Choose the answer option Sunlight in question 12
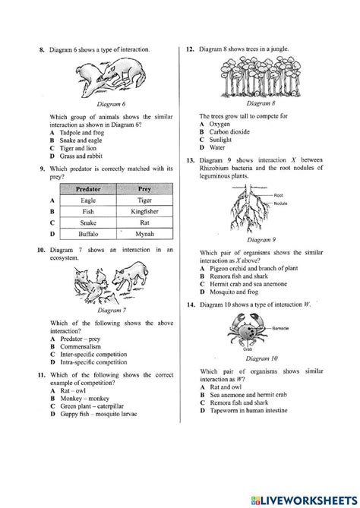point(223,140)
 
